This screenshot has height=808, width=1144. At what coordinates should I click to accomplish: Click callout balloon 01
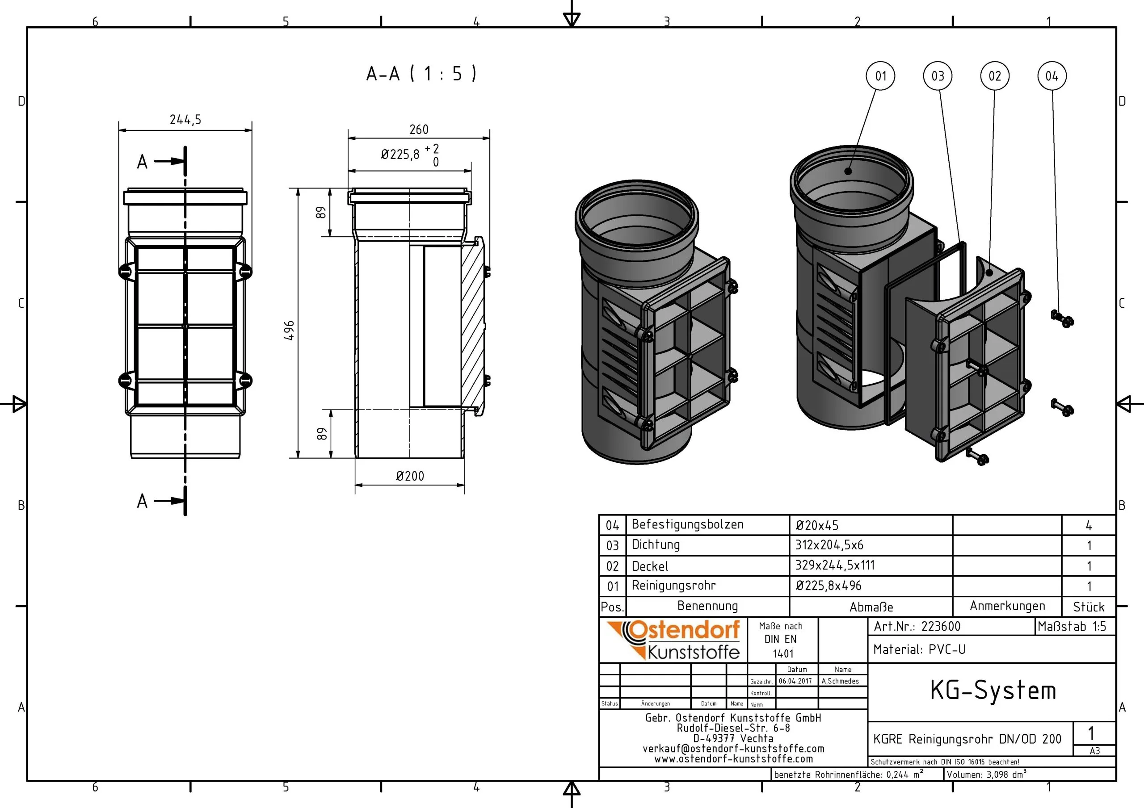[x=881, y=76]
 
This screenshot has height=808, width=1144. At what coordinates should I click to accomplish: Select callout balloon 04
[x=1052, y=76]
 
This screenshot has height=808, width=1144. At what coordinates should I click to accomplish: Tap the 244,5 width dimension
[x=185, y=120]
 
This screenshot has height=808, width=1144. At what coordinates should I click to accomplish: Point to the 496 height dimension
[x=289, y=330]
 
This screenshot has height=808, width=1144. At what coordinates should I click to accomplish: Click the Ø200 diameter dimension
[x=410, y=476]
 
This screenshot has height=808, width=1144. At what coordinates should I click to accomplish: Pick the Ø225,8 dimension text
[x=400, y=155]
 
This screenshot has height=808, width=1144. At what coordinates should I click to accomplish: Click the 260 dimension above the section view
[x=419, y=130]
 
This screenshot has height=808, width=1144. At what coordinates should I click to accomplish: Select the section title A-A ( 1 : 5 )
[x=421, y=74]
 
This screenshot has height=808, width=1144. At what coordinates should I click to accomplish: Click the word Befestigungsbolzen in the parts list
[x=688, y=524]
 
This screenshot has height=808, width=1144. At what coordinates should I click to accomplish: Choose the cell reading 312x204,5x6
[x=829, y=545]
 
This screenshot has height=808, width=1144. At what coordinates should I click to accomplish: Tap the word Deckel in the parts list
[x=650, y=566]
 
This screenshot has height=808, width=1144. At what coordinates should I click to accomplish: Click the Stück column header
[x=1089, y=607]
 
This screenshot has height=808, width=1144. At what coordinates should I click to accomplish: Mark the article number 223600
[x=941, y=626]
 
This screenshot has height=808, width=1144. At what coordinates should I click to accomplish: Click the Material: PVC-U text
[x=919, y=649]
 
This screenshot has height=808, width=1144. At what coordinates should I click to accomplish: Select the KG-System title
[x=993, y=691]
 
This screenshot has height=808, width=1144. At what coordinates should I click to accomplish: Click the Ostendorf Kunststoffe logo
[x=673, y=640]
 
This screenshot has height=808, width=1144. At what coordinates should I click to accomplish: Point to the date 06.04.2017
[x=795, y=681]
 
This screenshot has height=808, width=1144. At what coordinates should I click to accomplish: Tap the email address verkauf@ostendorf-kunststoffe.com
[x=733, y=749]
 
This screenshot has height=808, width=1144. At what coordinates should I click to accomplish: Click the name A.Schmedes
[x=840, y=681]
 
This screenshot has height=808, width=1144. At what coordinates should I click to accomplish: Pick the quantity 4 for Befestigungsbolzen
[x=1089, y=525]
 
